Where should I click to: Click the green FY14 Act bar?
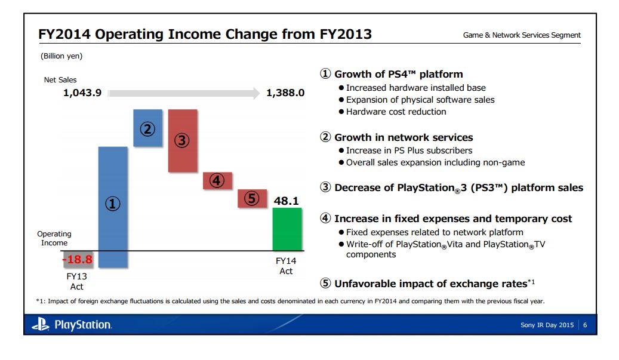287,229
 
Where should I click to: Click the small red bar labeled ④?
217,180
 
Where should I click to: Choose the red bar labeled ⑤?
252,198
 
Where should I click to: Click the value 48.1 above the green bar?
286,201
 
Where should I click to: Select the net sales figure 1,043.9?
82,93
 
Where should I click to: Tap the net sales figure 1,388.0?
285,93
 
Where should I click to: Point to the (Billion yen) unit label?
61,56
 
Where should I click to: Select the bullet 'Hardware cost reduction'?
396,112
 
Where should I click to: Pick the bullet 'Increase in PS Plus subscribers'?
409,150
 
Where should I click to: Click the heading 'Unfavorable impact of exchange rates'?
430,283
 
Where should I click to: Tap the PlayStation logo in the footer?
71,325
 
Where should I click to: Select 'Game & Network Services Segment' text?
522,35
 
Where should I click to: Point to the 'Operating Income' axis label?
54,238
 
